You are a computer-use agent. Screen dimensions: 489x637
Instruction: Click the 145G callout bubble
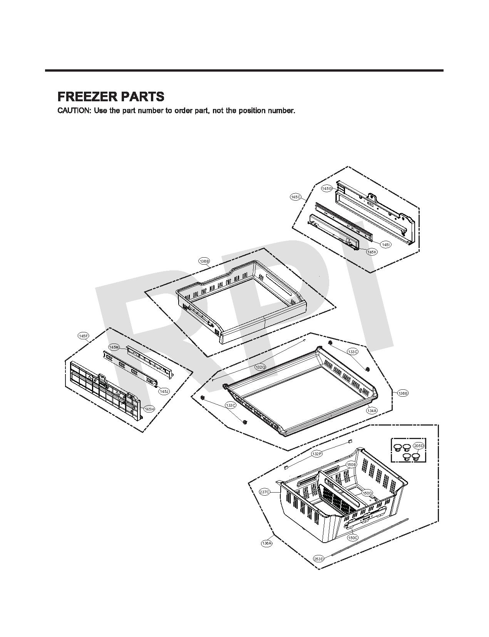click(327, 188)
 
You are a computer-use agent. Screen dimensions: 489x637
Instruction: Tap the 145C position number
click(295, 197)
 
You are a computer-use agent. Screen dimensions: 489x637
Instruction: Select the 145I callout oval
click(385, 245)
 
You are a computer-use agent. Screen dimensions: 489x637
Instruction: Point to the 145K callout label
click(372, 252)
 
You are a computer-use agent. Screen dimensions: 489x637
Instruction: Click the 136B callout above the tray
click(204, 262)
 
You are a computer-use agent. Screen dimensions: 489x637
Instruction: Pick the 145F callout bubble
click(83, 336)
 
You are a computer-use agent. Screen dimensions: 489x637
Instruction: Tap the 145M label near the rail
click(114, 347)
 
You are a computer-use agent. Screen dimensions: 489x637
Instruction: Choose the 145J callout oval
click(164, 391)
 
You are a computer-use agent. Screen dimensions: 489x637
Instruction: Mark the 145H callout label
click(149, 409)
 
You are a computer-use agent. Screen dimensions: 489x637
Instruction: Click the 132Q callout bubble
click(260, 367)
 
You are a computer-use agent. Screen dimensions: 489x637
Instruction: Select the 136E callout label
click(402, 393)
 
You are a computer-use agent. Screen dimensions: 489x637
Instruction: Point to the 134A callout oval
click(372, 411)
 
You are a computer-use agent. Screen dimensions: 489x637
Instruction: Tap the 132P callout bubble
click(316, 454)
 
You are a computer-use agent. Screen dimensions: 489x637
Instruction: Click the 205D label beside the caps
click(418, 446)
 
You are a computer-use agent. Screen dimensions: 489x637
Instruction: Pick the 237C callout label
click(265, 492)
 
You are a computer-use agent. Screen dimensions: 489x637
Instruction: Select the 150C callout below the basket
click(352, 538)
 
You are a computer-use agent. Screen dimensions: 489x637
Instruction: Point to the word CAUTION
click(74, 111)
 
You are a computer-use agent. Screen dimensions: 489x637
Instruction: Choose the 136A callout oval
click(266, 543)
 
